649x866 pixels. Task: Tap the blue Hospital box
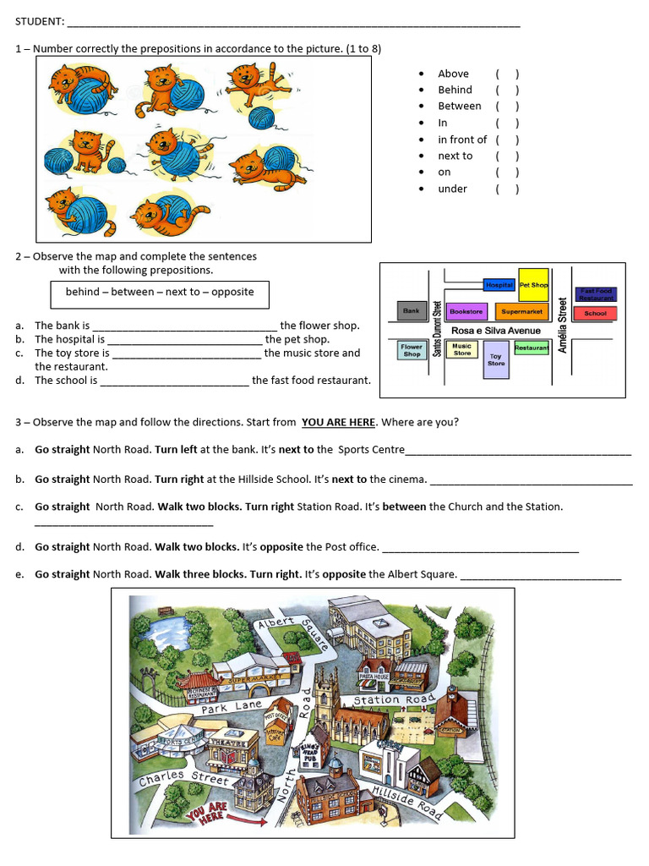click(x=499, y=286)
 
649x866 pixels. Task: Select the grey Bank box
click(x=412, y=311)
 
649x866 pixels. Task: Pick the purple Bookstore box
click(x=466, y=311)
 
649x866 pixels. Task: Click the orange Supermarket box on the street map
click(x=515, y=312)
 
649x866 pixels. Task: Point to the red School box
click(x=595, y=313)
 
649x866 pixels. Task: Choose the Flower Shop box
click(x=412, y=350)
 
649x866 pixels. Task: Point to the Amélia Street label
click(x=562, y=324)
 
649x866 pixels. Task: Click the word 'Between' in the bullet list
click(x=459, y=106)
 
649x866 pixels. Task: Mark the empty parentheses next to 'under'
click(x=507, y=189)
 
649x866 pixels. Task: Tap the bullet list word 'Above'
click(x=453, y=74)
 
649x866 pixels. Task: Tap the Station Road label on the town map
click(x=393, y=699)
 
